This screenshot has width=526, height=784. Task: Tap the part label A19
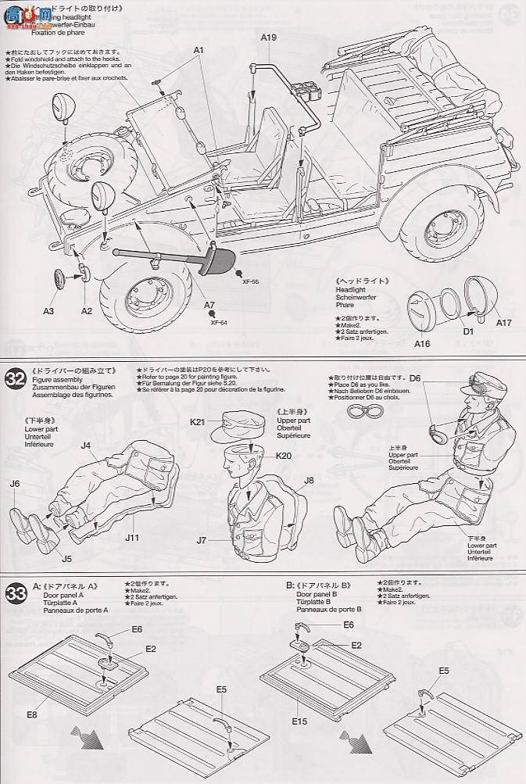coord(268,37)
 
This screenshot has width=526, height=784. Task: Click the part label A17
coord(503,322)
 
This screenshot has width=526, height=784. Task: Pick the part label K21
coord(197,422)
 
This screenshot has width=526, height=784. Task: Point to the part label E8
coord(31,713)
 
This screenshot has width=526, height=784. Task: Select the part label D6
coord(415,378)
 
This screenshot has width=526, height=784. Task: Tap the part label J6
coord(15,484)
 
